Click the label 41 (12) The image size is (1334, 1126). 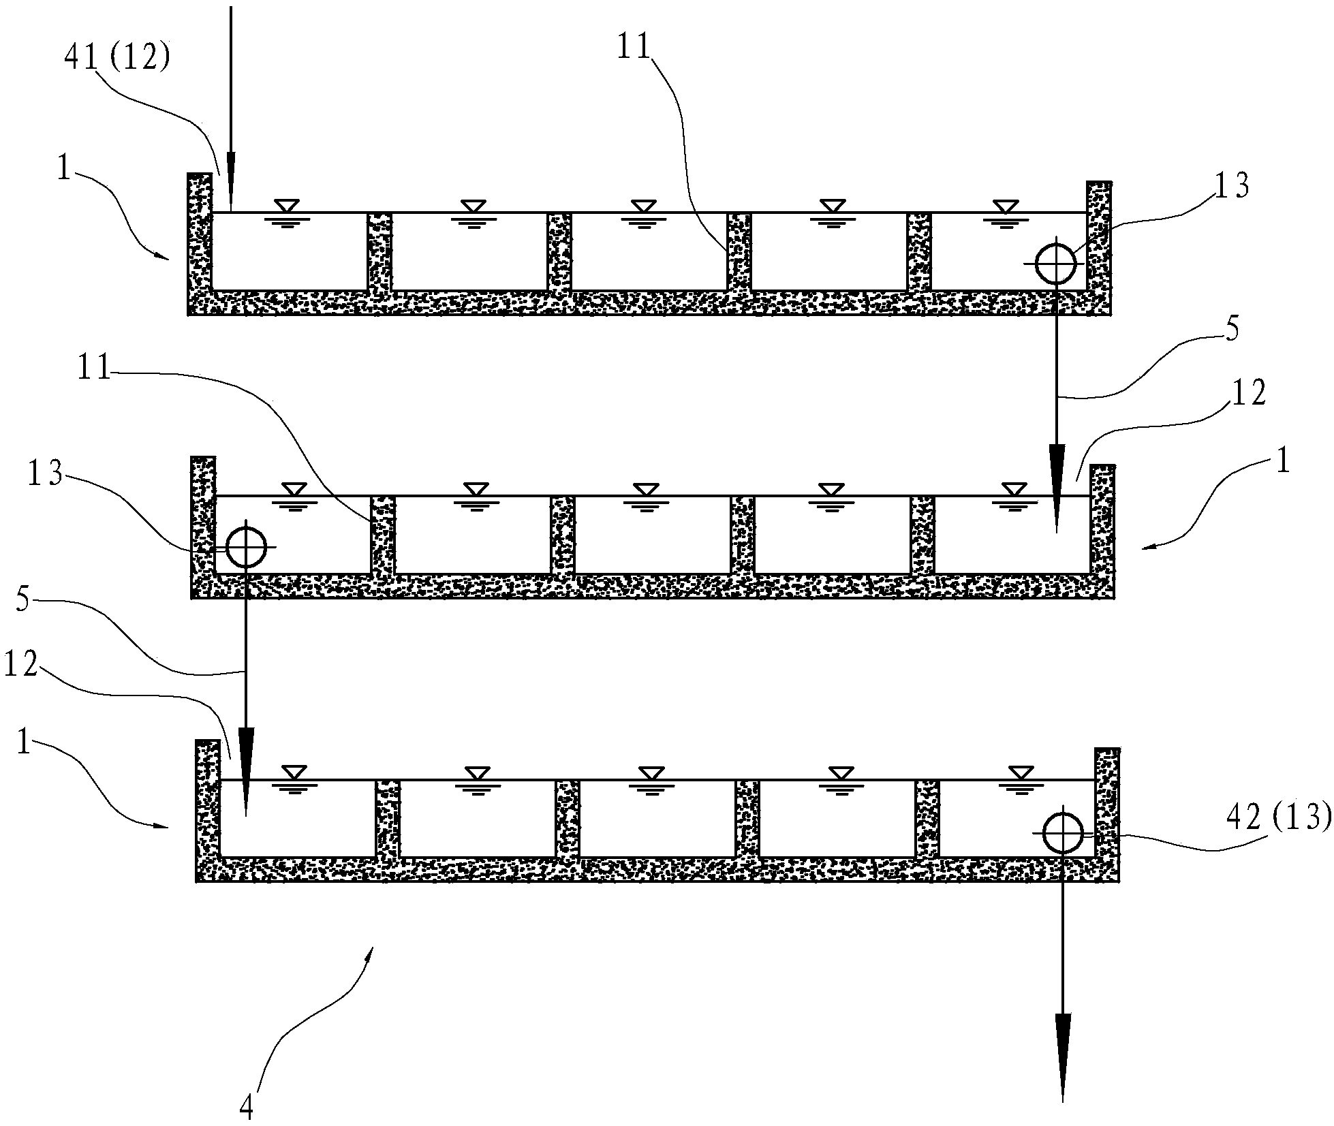click(117, 59)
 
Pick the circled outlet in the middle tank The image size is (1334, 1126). click(245, 547)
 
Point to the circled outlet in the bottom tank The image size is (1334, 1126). click(1062, 833)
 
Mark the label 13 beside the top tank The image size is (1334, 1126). click(1231, 185)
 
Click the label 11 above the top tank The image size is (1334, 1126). click(634, 48)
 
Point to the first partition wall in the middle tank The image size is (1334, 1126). click(383, 535)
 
